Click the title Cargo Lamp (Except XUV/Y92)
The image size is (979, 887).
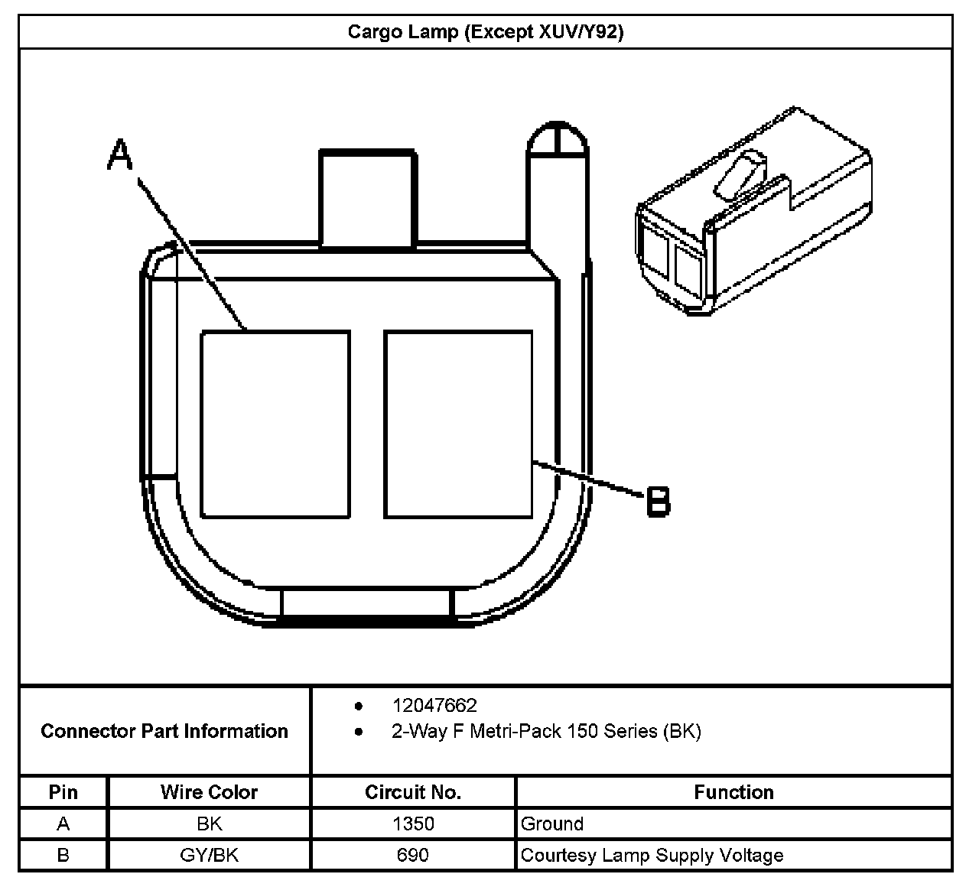(x=486, y=32)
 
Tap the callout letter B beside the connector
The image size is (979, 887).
(x=658, y=502)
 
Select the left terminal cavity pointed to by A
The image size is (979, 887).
(x=275, y=424)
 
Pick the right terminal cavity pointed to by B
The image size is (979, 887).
(x=458, y=424)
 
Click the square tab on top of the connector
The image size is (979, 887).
(x=368, y=199)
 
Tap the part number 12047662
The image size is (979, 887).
(x=434, y=705)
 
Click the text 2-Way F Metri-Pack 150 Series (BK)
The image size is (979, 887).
(x=546, y=731)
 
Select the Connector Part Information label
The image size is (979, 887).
(x=164, y=731)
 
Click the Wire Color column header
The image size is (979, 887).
(x=209, y=792)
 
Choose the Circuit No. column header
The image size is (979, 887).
(x=413, y=792)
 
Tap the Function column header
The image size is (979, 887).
(x=733, y=792)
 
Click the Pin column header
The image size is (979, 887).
(x=63, y=792)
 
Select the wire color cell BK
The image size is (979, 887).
(x=209, y=824)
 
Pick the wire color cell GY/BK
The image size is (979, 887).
(x=209, y=855)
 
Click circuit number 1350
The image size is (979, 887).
(x=413, y=824)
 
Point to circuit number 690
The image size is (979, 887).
(x=413, y=855)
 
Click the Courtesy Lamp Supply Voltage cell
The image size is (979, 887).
(x=652, y=855)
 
